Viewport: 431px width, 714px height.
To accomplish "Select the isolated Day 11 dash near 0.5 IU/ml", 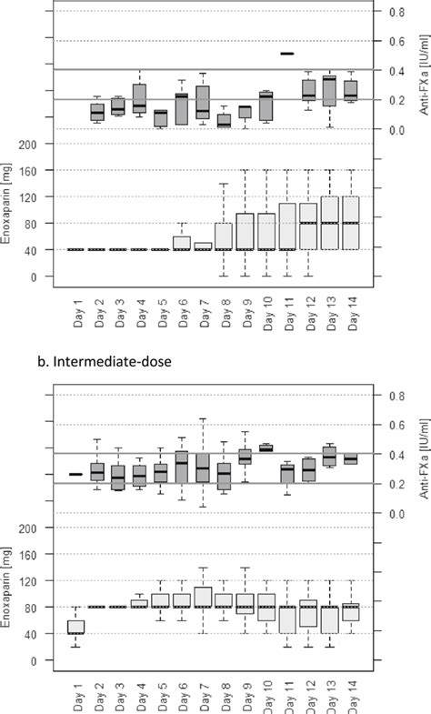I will click(x=287, y=54).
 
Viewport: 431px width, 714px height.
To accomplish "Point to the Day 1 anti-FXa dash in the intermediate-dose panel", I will click(x=76, y=474).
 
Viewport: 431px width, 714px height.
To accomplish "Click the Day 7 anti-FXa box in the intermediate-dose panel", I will click(x=203, y=467).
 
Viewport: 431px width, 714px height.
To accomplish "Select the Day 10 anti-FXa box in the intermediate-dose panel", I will click(x=266, y=448).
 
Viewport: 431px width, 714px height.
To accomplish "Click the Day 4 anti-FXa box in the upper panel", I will click(x=139, y=97).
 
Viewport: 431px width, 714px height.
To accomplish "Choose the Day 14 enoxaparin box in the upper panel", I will click(x=350, y=223).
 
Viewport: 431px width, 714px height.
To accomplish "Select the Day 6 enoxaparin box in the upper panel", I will click(x=182, y=243).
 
